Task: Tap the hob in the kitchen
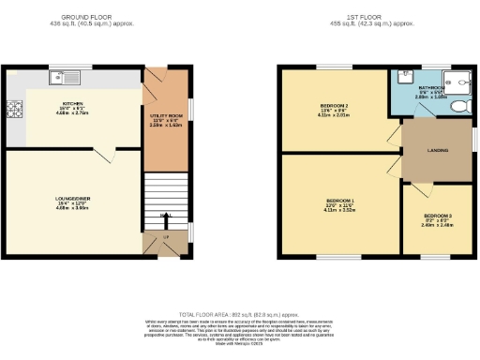[x=16, y=112]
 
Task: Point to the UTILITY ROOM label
[x=164, y=114]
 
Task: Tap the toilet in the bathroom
[x=458, y=107]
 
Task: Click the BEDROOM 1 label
[x=340, y=201]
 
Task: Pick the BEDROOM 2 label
[x=334, y=105]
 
